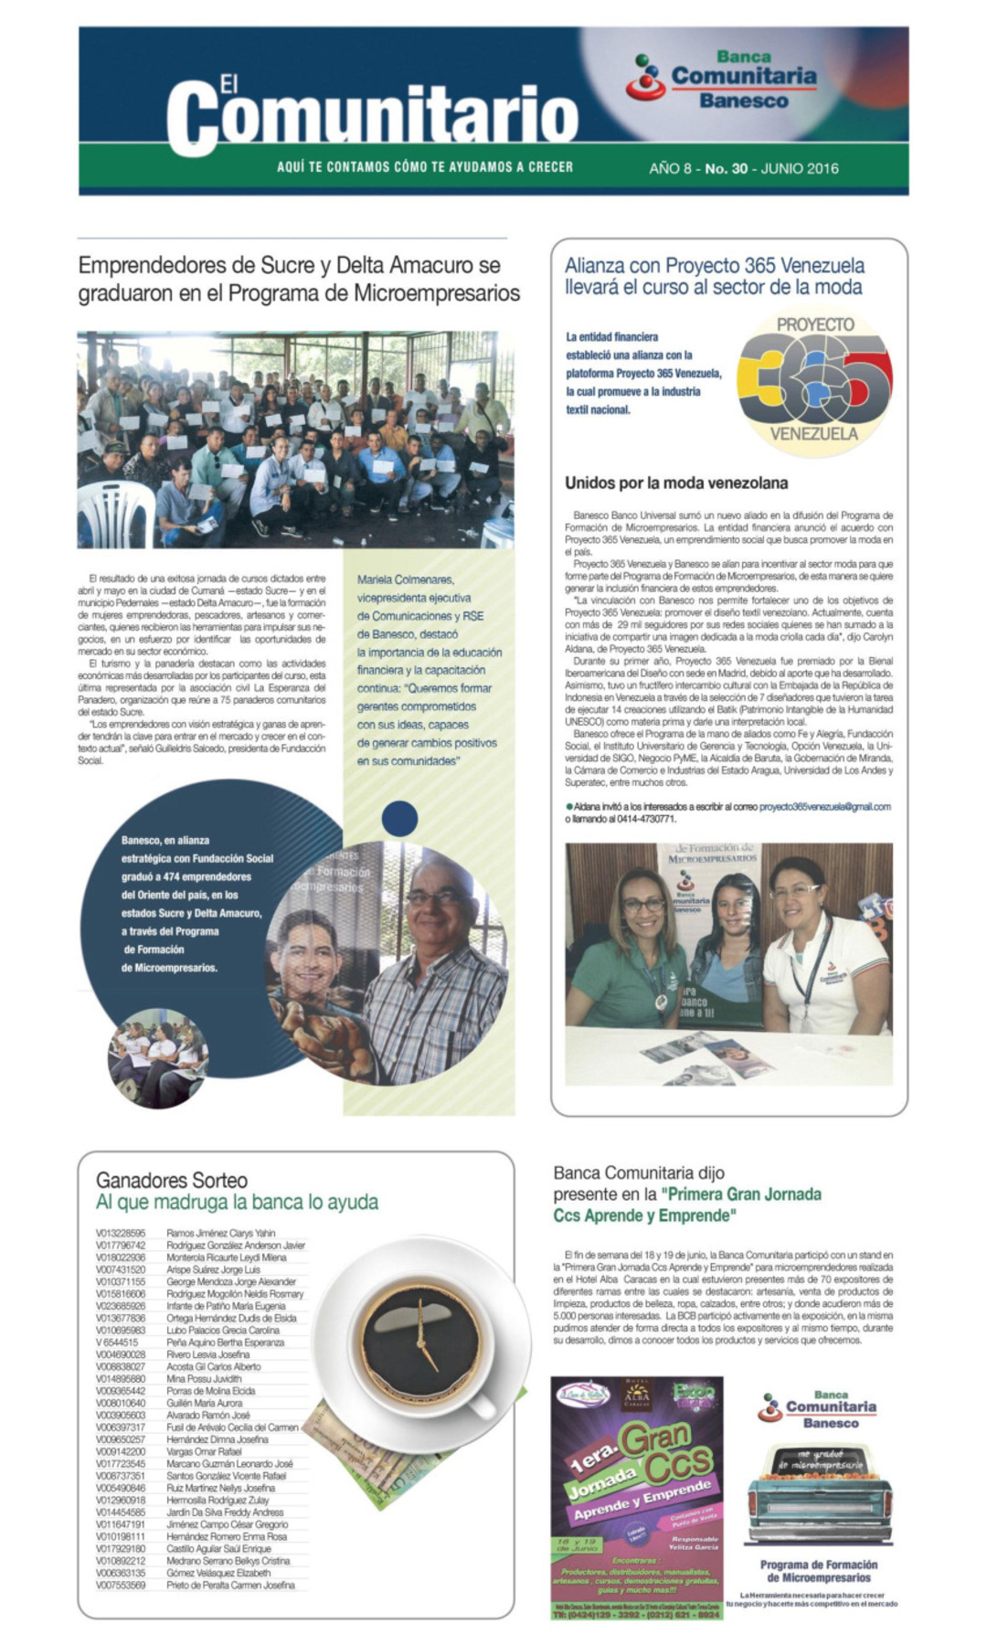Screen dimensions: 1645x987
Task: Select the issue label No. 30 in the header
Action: click(x=726, y=168)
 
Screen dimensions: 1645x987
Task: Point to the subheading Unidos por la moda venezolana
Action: click(x=675, y=483)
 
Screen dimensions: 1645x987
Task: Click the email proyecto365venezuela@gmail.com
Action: click(x=824, y=807)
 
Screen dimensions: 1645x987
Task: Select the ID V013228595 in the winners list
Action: click(x=121, y=1233)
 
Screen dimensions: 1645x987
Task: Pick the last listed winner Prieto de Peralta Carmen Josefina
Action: click(x=230, y=1585)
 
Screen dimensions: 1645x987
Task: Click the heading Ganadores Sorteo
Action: click(x=172, y=1180)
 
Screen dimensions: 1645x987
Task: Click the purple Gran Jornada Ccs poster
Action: click(x=636, y=1499)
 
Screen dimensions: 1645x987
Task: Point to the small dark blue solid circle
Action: click(x=400, y=818)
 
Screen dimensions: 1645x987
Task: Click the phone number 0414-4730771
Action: click(x=645, y=819)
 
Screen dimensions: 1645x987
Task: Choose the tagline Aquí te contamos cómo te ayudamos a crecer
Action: click(x=425, y=167)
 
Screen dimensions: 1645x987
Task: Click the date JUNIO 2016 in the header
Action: click(x=800, y=168)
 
